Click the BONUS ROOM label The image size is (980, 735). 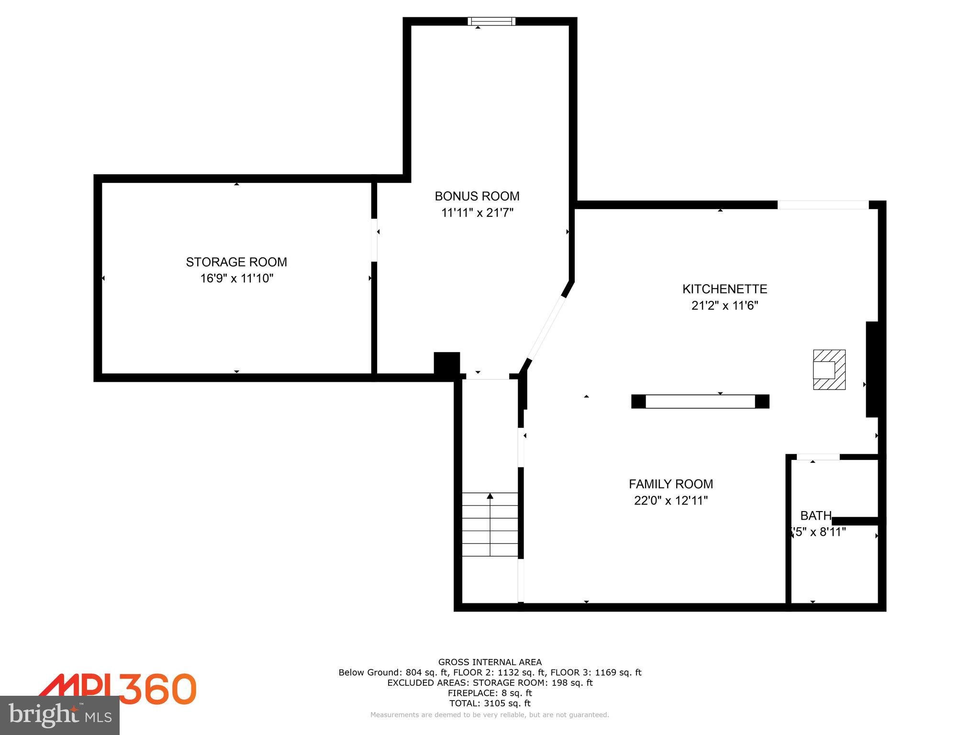[x=477, y=196]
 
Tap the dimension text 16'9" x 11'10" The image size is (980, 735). [x=236, y=278]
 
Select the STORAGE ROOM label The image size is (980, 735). [x=236, y=262]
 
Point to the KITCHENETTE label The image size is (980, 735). [x=724, y=289]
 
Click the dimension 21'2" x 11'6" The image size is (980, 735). [x=724, y=305]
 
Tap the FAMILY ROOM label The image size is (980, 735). [x=670, y=484]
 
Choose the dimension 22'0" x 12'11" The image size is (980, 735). [x=670, y=501]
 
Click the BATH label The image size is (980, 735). [x=815, y=516]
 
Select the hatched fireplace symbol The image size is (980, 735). [x=829, y=369]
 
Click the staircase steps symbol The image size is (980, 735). [x=490, y=524]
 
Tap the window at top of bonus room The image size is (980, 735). [x=491, y=21]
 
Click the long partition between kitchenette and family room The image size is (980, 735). [x=700, y=401]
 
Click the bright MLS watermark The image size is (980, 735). [x=60, y=715]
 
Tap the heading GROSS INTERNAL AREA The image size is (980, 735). [x=490, y=662]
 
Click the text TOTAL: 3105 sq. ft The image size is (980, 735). [x=490, y=703]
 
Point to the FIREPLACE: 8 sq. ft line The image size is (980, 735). [x=490, y=693]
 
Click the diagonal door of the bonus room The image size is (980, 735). [x=546, y=328]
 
